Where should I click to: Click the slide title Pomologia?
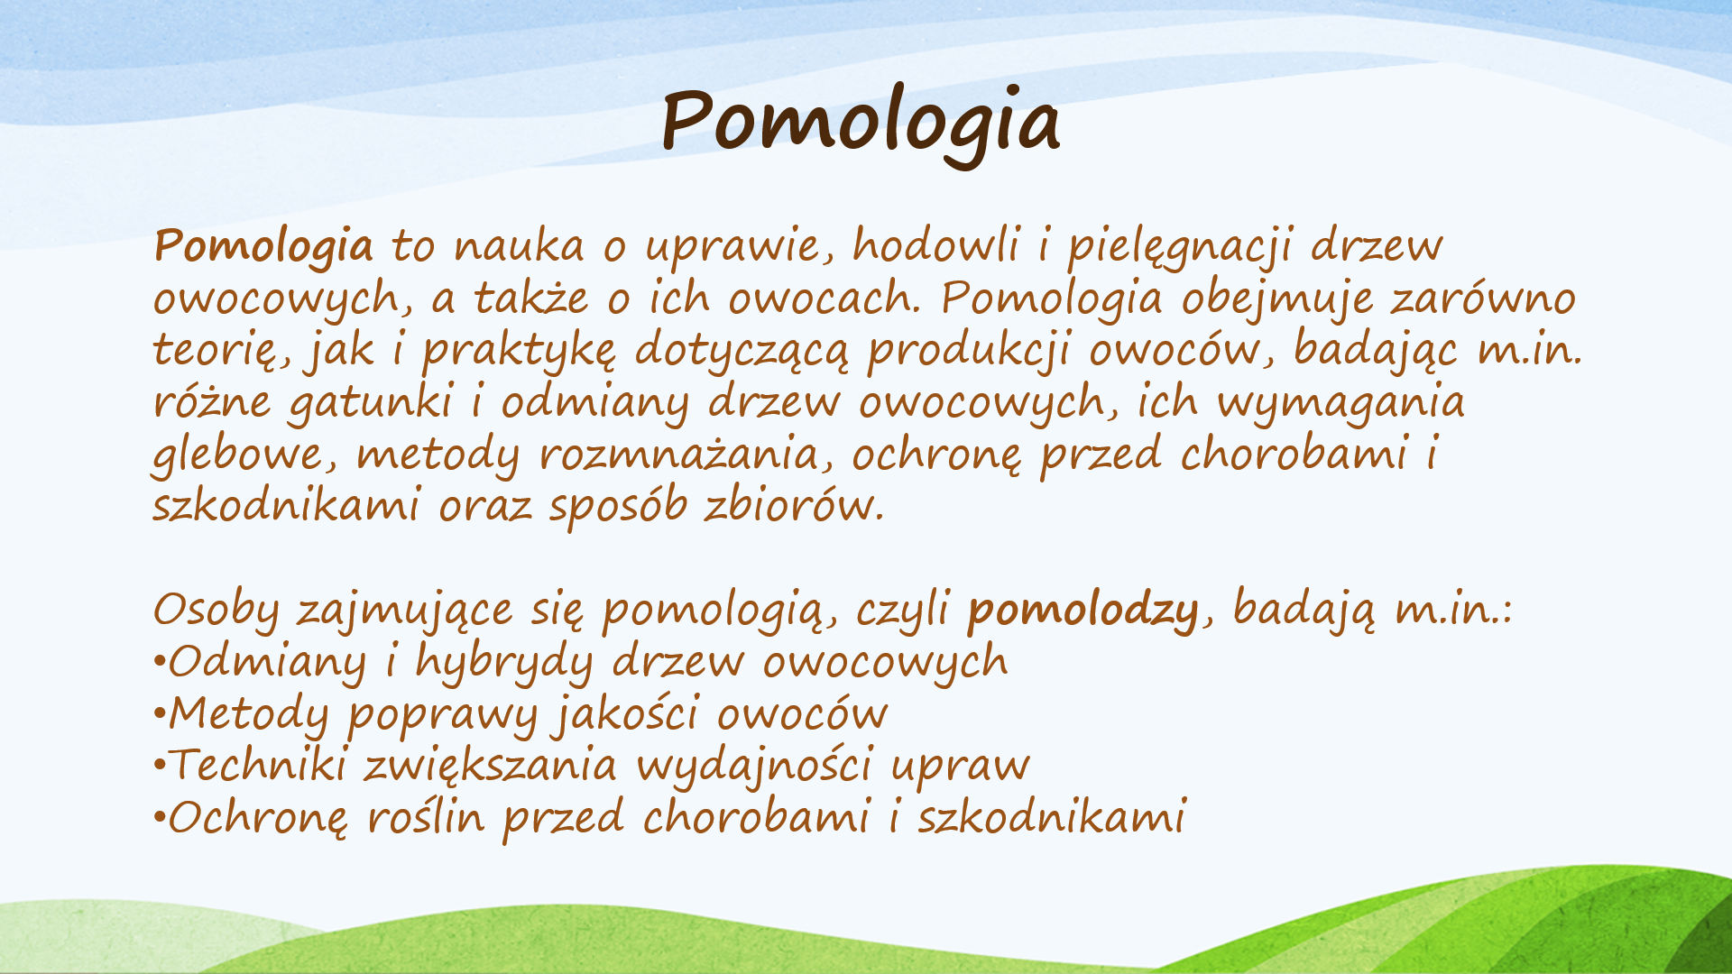pos(861,124)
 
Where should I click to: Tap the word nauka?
pos(519,245)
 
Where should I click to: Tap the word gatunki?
pos(371,403)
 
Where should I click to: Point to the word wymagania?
pos(1340,403)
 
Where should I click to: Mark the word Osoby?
pos(216,610)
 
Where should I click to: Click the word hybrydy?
pos(504,662)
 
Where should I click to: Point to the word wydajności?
pos(755,767)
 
